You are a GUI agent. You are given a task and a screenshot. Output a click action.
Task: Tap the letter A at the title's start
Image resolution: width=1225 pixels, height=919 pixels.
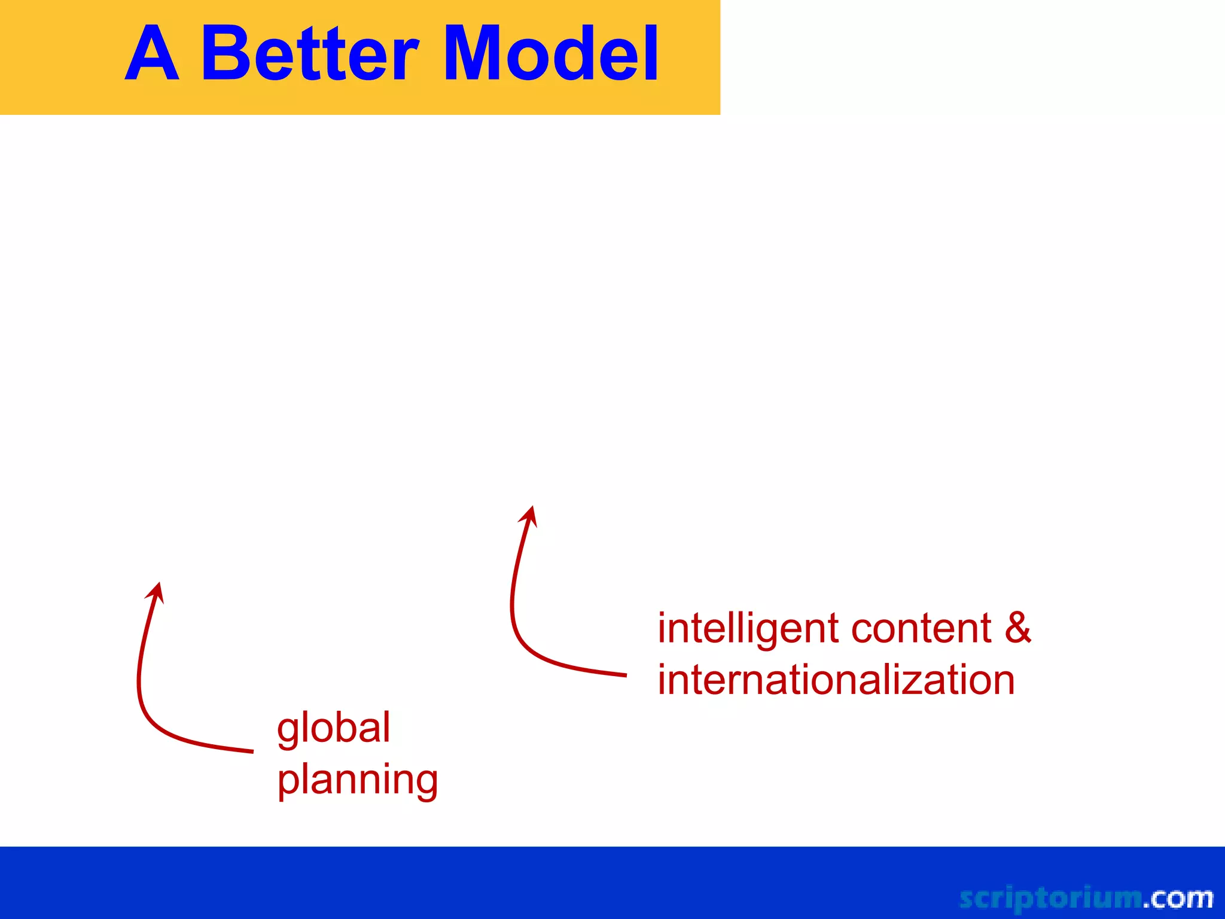click(x=152, y=55)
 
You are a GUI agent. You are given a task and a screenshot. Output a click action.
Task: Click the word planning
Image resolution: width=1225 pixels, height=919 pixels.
click(x=358, y=781)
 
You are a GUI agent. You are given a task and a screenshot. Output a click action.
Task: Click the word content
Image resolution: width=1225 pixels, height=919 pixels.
click(x=921, y=629)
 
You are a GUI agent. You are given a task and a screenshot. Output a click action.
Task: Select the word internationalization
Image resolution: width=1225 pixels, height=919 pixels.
click(x=836, y=680)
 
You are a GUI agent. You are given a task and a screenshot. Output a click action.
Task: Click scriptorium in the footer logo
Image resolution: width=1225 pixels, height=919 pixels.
click(x=1050, y=898)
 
